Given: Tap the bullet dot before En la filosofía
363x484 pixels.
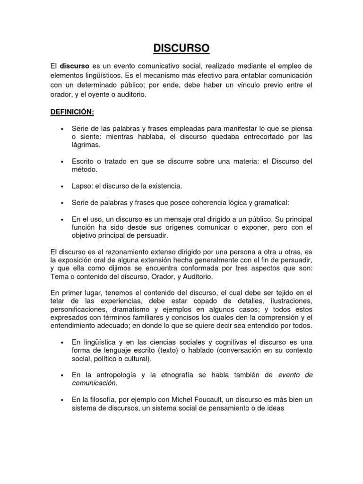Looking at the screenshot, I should click(x=62, y=400).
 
